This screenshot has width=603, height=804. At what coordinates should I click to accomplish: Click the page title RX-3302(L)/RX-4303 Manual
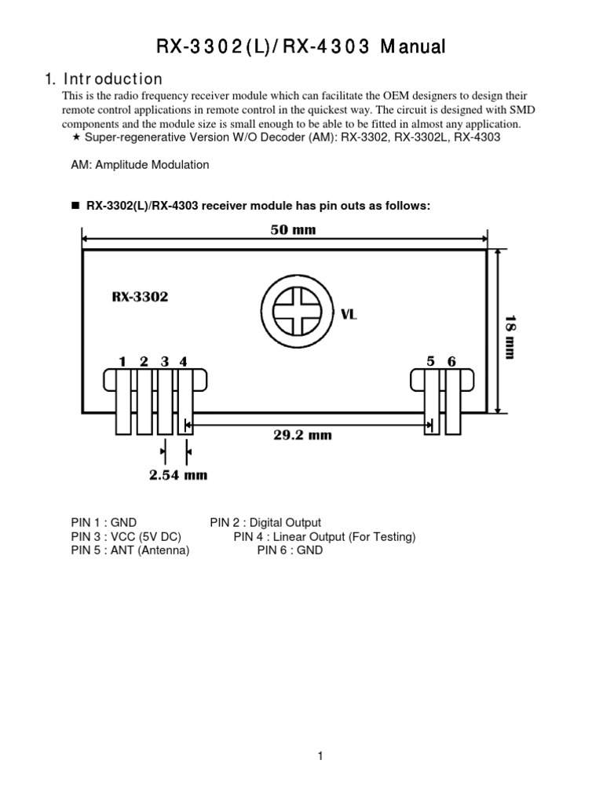[x=301, y=47]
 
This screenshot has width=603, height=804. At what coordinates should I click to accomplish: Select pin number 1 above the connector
[x=122, y=361]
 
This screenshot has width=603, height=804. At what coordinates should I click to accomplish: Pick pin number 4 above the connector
[x=183, y=361]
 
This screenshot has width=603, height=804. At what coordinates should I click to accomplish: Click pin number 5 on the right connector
[x=431, y=361]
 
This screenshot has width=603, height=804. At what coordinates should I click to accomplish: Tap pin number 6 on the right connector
[x=451, y=361]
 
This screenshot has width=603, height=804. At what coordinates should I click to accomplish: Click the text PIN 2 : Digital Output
[x=265, y=522]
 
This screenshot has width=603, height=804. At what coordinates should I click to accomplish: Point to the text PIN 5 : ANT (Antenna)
[x=130, y=550]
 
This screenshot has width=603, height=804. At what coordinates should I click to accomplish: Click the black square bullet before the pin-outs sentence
[x=76, y=206]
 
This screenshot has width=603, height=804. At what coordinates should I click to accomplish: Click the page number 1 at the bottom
[x=320, y=756]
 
